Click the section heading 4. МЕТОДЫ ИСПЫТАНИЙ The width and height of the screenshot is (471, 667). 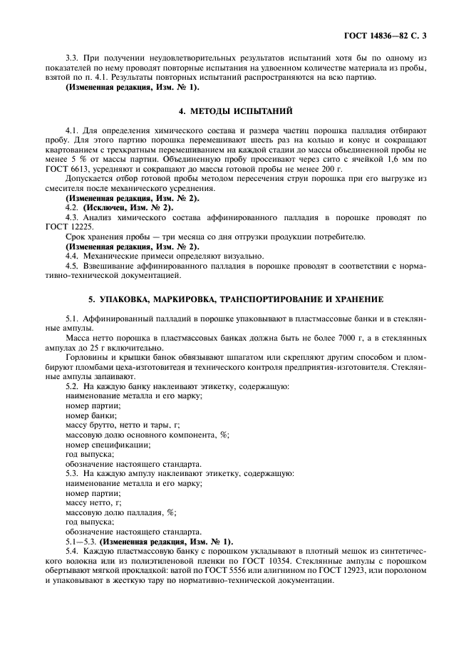235,111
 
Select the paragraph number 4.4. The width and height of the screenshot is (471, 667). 72,254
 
